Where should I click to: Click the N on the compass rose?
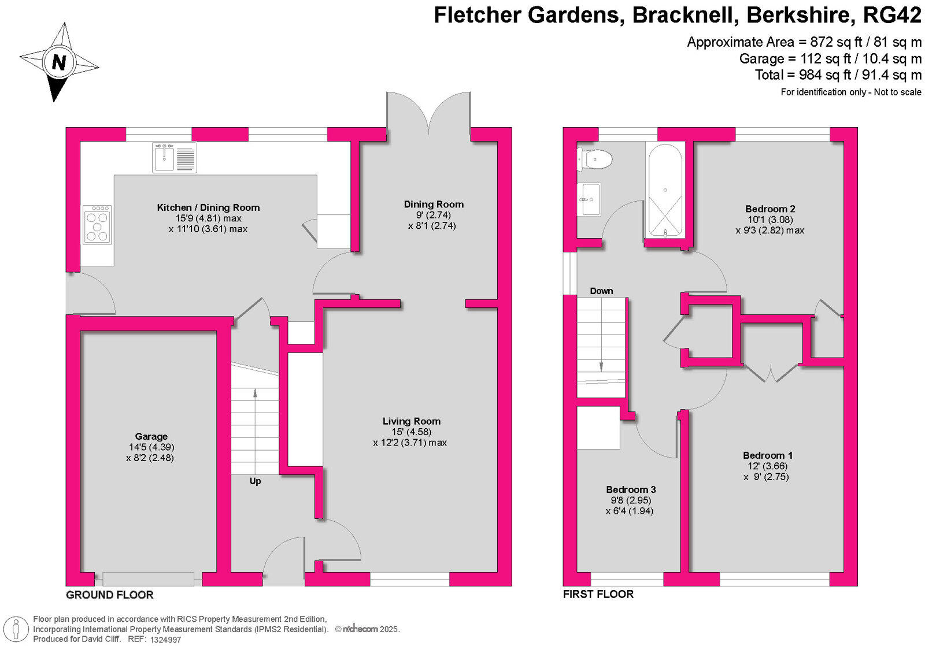click(x=59, y=62)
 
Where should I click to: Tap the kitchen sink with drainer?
click(x=174, y=157)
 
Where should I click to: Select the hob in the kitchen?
click(x=97, y=225)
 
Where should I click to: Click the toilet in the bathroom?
click(x=595, y=159)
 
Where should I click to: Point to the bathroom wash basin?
click(x=589, y=199)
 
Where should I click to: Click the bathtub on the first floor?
click(x=665, y=190)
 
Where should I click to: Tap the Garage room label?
click(x=151, y=436)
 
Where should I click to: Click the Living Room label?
click(x=411, y=421)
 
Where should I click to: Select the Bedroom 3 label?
click(x=631, y=489)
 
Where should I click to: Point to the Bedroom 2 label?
click(x=770, y=209)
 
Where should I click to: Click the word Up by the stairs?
click(x=255, y=481)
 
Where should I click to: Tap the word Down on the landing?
click(x=601, y=291)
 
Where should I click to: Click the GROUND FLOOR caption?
click(x=109, y=595)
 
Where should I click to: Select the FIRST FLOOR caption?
click(x=598, y=594)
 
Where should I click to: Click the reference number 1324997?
click(x=165, y=640)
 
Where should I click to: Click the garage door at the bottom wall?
click(x=148, y=579)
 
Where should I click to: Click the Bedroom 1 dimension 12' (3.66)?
click(x=767, y=466)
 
